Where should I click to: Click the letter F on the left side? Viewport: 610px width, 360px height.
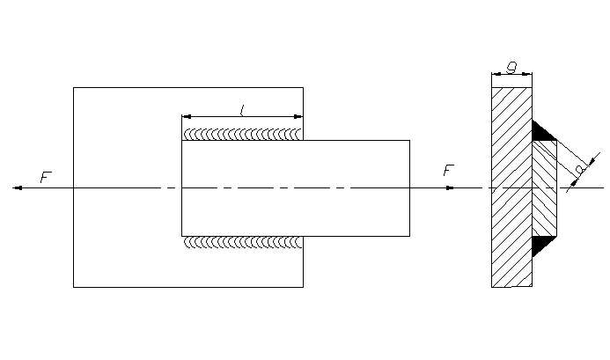pos(46,178)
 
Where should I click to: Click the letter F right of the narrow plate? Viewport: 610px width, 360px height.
pos(448,170)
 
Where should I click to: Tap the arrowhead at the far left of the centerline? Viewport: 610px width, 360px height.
pos(18,187)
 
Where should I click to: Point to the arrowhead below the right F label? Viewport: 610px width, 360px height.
pos(449,187)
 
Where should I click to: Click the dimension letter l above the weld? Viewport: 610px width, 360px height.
pos(242,109)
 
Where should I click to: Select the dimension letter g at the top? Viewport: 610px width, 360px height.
pos(511,65)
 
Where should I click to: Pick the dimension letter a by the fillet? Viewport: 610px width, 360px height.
pos(578,167)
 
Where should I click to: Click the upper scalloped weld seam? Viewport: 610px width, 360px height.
pos(242,135)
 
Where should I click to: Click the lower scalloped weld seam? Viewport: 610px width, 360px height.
pos(242,241)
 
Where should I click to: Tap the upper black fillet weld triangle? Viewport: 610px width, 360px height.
pos(541,132)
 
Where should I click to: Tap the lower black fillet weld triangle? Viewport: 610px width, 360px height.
pos(541,245)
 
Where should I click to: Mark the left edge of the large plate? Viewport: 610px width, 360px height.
pos(73,229)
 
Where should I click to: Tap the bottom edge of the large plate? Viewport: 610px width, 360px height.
pos(187,287)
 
